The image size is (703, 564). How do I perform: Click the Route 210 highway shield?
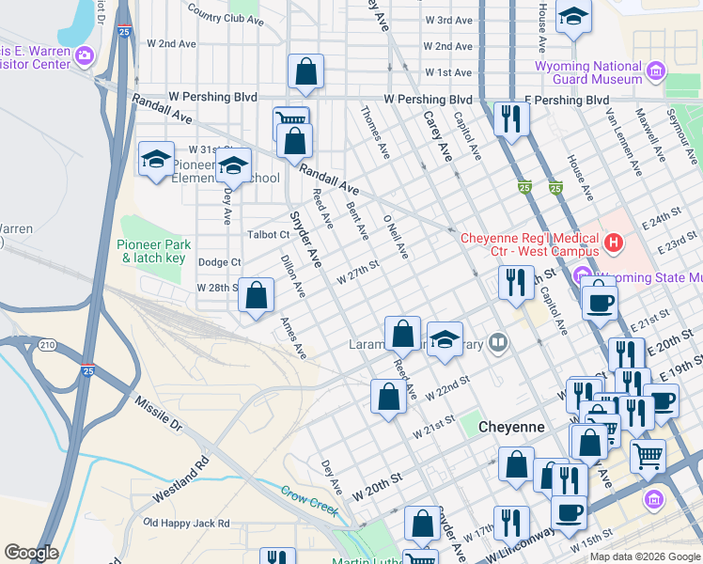pos(47,345)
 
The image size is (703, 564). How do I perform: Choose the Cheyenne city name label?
pos(511,427)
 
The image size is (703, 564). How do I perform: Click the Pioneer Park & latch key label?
pos(151,251)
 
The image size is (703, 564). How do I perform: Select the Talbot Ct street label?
pos(269,234)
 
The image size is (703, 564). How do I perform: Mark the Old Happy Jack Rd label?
pos(186,523)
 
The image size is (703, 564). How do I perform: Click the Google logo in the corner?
pos(31,553)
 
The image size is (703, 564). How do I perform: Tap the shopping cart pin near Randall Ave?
pos(290,120)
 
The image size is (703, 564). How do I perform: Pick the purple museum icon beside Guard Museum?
pos(655,71)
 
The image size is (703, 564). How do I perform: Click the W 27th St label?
pos(357,271)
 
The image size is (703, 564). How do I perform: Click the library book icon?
pos(499,344)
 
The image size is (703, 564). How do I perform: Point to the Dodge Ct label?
pos(220,262)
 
